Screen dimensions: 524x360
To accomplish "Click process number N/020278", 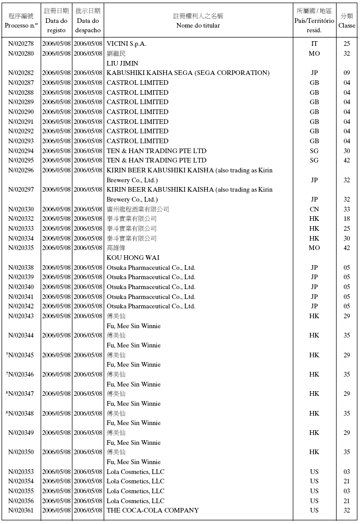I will coord(21,44).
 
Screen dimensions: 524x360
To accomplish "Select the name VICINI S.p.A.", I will coord(127,44).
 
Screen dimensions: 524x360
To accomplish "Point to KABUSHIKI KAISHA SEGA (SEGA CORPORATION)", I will coord(188,73).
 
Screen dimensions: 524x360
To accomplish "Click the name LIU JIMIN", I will coord(122,63).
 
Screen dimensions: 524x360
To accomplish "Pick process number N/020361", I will coord(21,510).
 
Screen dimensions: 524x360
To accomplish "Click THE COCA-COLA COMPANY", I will coord(153,510).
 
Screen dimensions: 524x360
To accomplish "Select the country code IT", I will coord(314,44).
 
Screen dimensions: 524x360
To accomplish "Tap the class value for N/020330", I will coord(346,209).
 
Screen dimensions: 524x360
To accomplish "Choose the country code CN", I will coord(314,209).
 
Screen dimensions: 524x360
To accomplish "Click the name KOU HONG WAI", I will coord(133,258).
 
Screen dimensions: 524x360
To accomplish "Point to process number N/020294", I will coord(21,151).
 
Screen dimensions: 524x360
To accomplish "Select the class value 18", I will coord(346,219).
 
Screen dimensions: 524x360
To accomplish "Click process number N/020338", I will coord(21,268).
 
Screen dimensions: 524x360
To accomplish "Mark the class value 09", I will coord(346,73).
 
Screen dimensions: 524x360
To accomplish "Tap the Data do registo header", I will coord(56,21).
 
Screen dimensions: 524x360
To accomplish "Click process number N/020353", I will coord(21,472).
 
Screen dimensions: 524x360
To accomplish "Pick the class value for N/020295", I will coord(346,160).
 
